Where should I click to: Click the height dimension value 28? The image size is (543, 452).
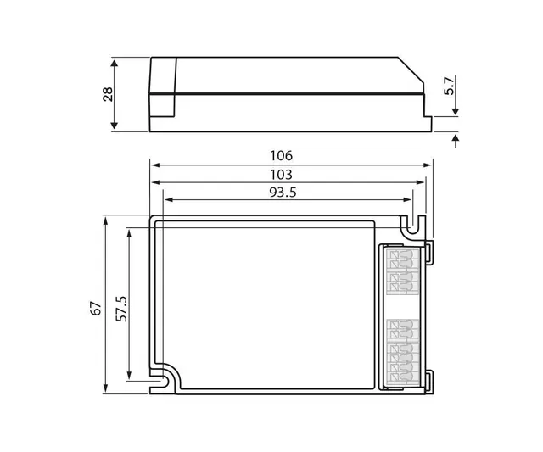pyautogui.click(x=108, y=93)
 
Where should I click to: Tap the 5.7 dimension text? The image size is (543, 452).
pyautogui.click(x=451, y=85)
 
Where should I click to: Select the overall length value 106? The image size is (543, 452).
pyautogui.click(x=281, y=155)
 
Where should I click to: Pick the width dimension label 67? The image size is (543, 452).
pyautogui.click(x=96, y=307)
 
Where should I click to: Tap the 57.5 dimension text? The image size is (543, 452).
pyautogui.click(x=121, y=308)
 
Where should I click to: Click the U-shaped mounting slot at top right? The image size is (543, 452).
pyautogui.click(x=412, y=226)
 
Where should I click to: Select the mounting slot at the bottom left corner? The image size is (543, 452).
pyautogui.click(x=164, y=380)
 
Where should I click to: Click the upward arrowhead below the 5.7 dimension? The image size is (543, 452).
pyautogui.click(x=456, y=138)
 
